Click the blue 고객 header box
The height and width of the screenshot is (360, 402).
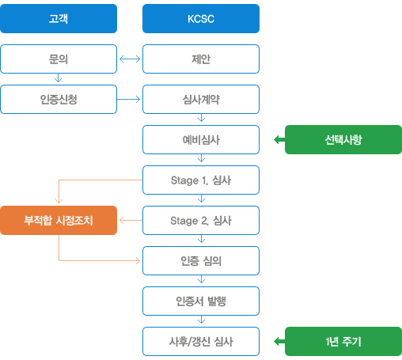(x=59, y=18)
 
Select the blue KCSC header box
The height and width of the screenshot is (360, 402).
(x=201, y=18)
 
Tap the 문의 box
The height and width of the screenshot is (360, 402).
(x=59, y=59)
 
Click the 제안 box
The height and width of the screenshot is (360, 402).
(x=201, y=59)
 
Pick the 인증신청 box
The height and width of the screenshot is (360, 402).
(x=59, y=99)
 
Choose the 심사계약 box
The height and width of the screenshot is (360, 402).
(x=201, y=99)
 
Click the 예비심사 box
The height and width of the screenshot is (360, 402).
(x=201, y=139)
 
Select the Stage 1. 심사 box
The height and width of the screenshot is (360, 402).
(x=201, y=180)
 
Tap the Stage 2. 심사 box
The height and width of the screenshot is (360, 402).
(x=201, y=220)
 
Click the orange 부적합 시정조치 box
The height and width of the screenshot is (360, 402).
(x=59, y=220)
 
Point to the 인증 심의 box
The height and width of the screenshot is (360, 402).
(x=201, y=260)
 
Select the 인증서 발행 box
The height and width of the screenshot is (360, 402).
(x=201, y=301)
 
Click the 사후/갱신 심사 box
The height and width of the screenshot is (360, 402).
(x=201, y=341)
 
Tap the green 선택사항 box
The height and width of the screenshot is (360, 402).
(x=343, y=139)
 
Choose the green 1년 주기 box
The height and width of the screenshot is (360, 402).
(x=343, y=341)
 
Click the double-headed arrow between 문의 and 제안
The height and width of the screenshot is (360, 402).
(x=130, y=59)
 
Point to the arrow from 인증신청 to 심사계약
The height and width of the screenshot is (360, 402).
(x=128, y=99)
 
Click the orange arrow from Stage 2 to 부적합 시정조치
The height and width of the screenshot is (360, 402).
(x=131, y=220)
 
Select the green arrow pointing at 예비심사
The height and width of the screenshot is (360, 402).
(x=279, y=139)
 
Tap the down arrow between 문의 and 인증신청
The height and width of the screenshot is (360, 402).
(x=59, y=78)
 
